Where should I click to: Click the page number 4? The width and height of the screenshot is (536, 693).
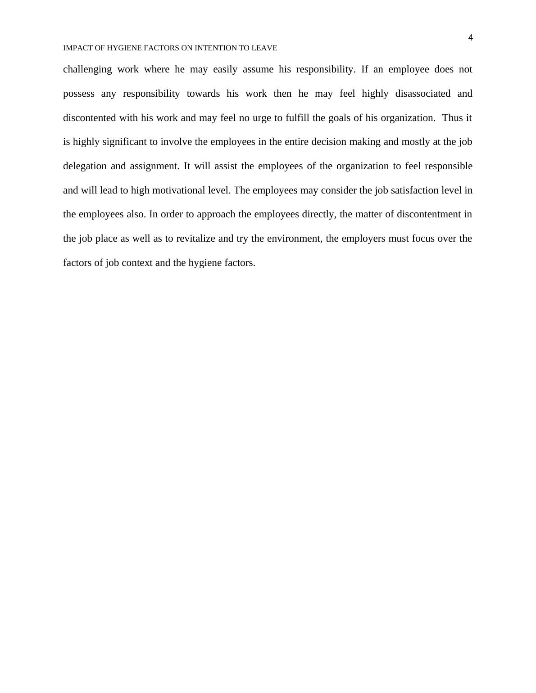471,38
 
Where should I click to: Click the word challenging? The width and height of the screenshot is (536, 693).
87,69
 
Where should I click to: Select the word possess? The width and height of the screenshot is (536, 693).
79,94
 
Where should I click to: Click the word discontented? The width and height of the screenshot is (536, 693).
90,118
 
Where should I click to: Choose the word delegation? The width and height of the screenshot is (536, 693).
84,166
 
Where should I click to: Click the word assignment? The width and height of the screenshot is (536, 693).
154,166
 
